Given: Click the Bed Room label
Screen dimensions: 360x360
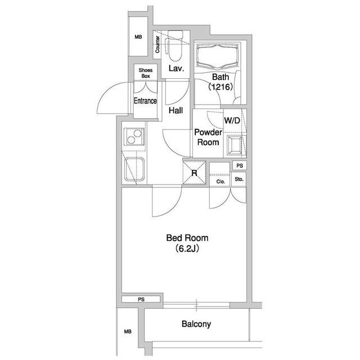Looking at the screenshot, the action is [187, 238].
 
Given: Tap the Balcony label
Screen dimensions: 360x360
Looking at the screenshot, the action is [196, 324].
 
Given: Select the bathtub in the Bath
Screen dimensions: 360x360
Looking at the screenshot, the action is [217, 56].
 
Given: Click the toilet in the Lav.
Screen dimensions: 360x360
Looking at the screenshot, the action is [175, 46].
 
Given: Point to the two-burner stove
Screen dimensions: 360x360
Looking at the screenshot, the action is [134, 137].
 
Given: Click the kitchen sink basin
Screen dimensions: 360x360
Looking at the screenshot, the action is [134, 169].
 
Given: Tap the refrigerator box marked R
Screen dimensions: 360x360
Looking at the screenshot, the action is [194, 173].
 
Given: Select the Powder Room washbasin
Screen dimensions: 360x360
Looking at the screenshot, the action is [235, 145].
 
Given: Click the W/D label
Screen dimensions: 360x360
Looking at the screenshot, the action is [232, 120].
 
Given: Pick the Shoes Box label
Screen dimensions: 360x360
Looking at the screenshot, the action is [146, 73].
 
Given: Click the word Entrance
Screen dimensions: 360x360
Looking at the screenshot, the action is [145, 101].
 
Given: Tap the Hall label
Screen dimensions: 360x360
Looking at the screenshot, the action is [175, 110].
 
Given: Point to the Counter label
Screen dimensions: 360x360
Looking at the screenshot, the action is [157, 44].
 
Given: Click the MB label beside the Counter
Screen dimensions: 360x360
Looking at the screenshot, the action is [138, 37].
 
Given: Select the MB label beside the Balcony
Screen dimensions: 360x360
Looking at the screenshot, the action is [128, 331].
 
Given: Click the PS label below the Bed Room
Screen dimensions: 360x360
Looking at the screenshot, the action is [141, 299].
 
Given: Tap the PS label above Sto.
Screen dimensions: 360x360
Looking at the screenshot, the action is [240, 165].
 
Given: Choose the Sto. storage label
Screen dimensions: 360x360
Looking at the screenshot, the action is [239, 179].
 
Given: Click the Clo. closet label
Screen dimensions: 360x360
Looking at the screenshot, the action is [220, 182].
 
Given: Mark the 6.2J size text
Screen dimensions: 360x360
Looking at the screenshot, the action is [187, 249].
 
